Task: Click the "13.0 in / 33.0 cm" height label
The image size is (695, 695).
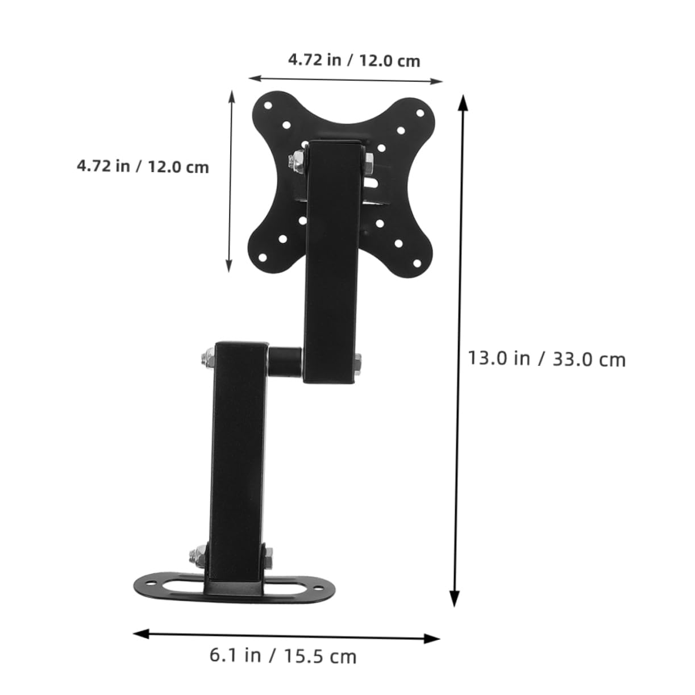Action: point(546,359)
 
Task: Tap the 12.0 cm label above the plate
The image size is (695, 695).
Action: point(353,60)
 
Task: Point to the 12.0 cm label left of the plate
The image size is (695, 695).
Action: point(143,167)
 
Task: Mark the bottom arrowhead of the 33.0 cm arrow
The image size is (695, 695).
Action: point(454,600)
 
